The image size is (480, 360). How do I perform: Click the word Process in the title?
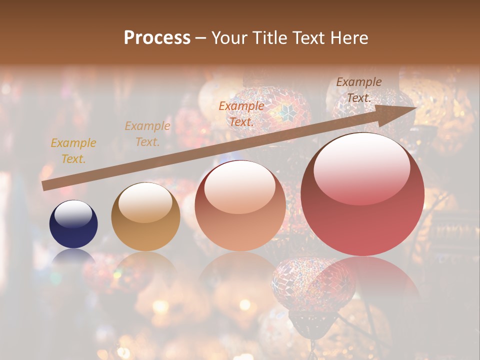click(x=157, y=38)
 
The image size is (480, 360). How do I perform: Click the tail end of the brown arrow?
click(x=45, y=185)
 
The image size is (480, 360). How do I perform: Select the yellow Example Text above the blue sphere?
click(x=73, y=150)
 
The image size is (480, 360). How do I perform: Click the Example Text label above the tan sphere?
click(x=147, y=133)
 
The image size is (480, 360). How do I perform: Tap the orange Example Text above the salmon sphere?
click(x=241, y=113)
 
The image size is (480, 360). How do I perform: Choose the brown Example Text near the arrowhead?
click(x=359, y=89)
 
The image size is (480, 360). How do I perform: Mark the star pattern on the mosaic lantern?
click(x=286, y=113)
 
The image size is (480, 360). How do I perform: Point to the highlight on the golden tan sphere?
click(x=145, y=201)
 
